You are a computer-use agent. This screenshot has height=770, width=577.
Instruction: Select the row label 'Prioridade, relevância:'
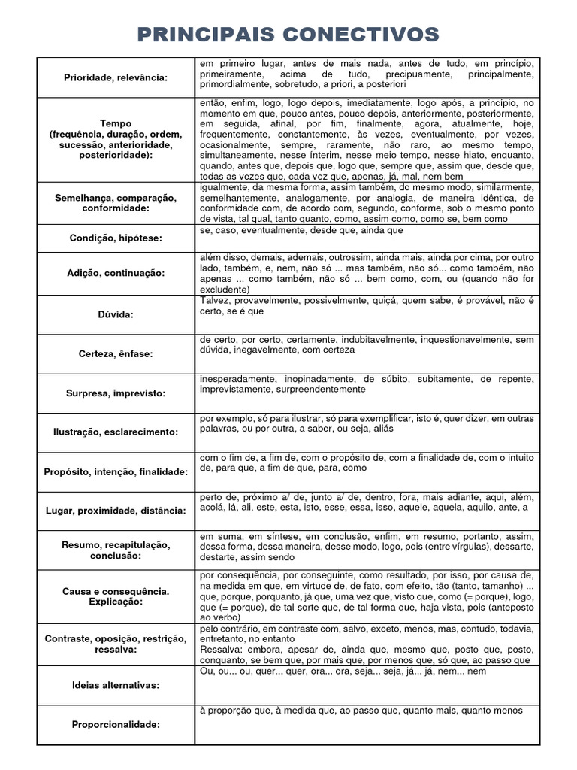pyautogui.click(x=115, y=77)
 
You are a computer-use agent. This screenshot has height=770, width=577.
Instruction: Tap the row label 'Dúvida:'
pyautogui.click(x=115, y=314)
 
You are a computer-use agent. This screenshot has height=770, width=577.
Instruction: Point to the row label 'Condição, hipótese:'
pyautogui.click(x=115, y=237)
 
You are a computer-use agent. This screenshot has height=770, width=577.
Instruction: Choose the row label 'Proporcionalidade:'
pyautogui.click(x=115, y=724)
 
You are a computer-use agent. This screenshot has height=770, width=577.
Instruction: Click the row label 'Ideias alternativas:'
pyautogui.click(x=115, y=685)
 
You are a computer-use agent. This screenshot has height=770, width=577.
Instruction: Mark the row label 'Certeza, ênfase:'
pyautogui.click(x=115, y=353)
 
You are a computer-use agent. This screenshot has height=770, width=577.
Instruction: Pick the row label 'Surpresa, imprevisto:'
pyautogui.click(x=115, y=393)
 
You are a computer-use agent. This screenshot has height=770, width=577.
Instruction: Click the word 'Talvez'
pyautogui.click(x=214, y=300)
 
